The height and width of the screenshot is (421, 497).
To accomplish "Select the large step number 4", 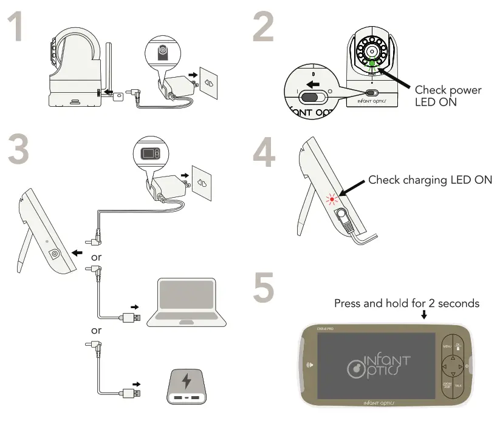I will pyautogui.click(x=265, y=152).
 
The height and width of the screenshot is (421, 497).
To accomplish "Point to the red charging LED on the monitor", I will pyautogui.click(x=332, y=199).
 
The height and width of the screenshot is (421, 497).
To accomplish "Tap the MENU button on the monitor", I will pyautogui.click(x=447, y=347).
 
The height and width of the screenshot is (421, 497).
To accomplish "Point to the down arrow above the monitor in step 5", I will pyautogui.click(x=423, y=315).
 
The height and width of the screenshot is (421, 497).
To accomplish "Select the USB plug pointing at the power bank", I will pyautogui.click(x=133, y=393).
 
